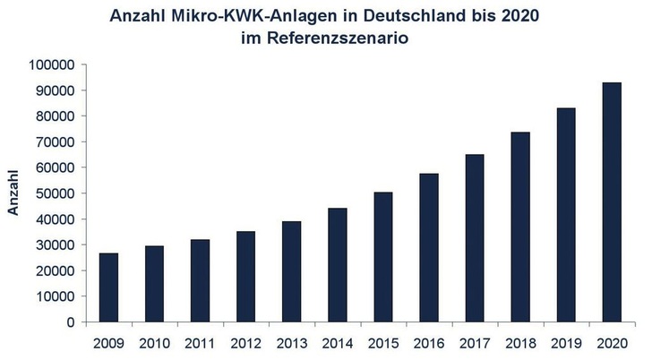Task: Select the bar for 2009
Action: click(108, 287)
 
